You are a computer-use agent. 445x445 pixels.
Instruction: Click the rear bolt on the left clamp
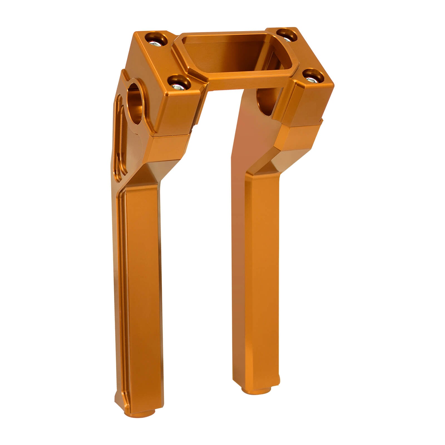point(156,40)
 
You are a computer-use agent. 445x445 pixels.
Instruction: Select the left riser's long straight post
point(142,292)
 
